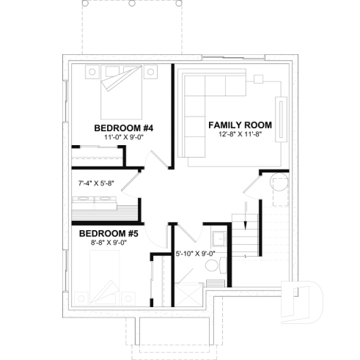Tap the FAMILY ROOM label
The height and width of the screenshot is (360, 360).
[x=240, y=125]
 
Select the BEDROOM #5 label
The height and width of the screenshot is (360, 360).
[x=109, y=234]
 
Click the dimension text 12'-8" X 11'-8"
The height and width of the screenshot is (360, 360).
[x=240, y=134]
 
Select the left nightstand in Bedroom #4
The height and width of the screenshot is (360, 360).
[x=94, y=72]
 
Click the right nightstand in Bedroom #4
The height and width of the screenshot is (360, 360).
[x=152, y=72]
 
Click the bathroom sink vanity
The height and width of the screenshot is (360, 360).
[x=218, y=240]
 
